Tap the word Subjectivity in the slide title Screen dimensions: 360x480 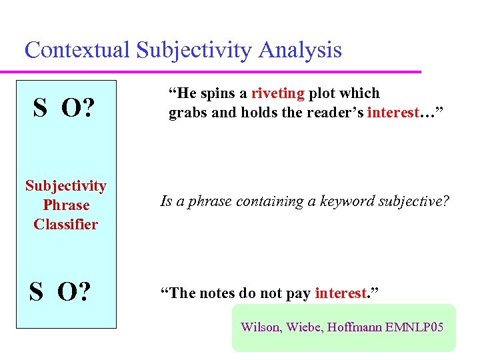[x=193, y=50]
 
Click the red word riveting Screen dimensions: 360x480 [x=278, y=93]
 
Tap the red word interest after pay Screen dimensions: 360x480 [x=341, y=293]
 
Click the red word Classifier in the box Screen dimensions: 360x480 [x=65, y=224]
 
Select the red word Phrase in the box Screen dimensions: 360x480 [x=65, y=205]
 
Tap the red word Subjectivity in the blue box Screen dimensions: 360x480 [x=65, y=185]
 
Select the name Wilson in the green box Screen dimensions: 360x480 [x=260, y=327]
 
